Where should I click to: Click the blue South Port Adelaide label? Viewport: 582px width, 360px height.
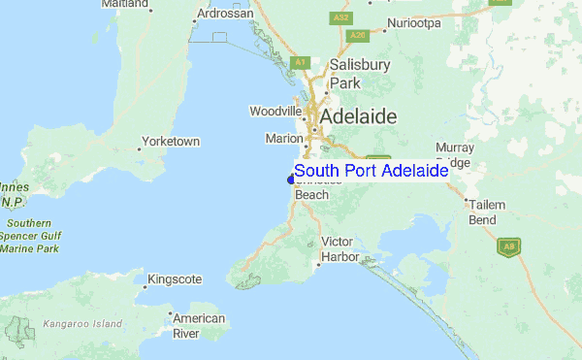pyautogui.click(x=371, y=171)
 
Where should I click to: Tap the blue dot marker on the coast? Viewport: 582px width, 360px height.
pyautogui.click(x=291, y=179)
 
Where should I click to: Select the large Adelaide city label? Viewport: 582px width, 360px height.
pyautogui.click(x=358, y=116)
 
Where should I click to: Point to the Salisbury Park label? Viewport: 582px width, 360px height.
pyautogui.click(x=359, y=74)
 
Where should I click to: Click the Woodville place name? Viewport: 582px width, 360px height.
pyautogui.click(x=275, y=111)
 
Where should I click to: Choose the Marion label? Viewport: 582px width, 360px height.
pyautogui.click(x=284, y=139)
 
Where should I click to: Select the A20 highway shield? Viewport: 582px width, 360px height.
pyautogui.click(x=357, y=36)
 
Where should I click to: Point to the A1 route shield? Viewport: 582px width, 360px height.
pyautogui.click(x=301, y=62)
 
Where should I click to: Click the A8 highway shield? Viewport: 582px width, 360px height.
pyautogui.click(x=508, y=246)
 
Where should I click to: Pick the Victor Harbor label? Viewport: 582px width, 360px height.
pyautogui.click(x=339, y=248)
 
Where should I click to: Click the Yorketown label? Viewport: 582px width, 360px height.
pyautogui.click(x=171, y=142)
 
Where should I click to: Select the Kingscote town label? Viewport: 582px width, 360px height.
pyautogui.click(x=175, y=279)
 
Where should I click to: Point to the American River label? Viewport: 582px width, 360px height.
pyautogui.click(x=198, y=325)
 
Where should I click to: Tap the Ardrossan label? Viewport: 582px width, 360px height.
pyautogui.click(x=224, y=15)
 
